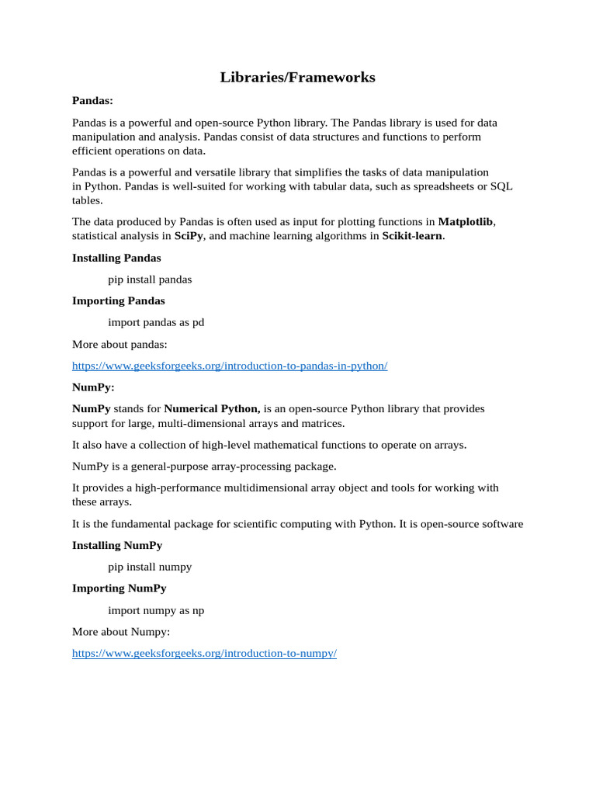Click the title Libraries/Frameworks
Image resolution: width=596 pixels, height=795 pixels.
click(297, 78)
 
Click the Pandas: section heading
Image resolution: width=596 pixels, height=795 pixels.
click(92, 100)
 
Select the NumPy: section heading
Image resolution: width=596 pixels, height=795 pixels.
click(93, 387)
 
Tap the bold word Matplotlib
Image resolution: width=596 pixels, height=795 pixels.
click(466, 222)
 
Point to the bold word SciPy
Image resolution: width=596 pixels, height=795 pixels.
click(189, 236)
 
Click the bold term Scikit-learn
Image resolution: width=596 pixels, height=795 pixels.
click(412, 236)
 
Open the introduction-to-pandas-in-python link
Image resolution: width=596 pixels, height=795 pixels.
click(230, 366)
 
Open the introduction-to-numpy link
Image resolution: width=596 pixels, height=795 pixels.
click(204, 653)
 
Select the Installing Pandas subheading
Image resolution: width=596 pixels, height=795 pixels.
click(116, 258)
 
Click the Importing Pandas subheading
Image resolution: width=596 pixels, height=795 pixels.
click(118, 300)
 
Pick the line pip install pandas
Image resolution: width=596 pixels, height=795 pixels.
click(150, 279)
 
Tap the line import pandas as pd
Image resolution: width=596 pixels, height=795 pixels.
click(156, 322)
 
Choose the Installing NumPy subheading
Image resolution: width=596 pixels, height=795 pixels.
click(117, 545)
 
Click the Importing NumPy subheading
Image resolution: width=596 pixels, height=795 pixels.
click(119, 588)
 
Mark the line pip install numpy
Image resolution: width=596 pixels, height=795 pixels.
click(150, 567)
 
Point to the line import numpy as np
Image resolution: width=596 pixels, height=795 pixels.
click(156, 610)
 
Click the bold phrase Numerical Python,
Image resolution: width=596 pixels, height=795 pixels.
click(212, 408)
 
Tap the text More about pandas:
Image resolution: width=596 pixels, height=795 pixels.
click(120, 344)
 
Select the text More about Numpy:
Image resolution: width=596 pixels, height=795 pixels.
click(120, 631)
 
